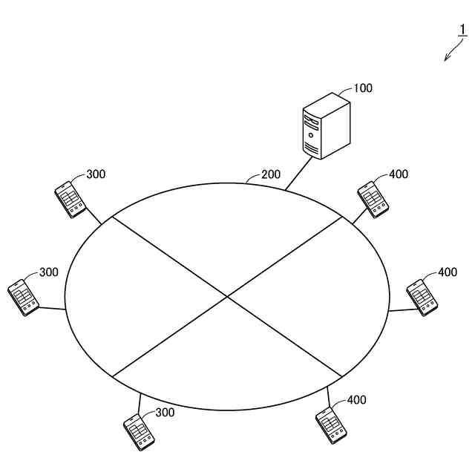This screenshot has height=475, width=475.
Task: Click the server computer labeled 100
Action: coord(326,128)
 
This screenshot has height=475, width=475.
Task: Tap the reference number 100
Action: coord(363,88)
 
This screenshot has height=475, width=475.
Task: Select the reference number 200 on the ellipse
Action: coord(271,175)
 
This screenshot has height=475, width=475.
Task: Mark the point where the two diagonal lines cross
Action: coord(227,297)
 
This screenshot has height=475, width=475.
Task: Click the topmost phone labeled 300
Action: coord(71,198)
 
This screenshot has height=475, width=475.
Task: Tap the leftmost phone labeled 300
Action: coord(23,296)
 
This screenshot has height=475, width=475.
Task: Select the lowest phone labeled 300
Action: coord(138,431)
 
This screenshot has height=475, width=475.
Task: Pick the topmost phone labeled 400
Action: coord(373,198)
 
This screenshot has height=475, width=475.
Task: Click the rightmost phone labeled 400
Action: coord(423,297)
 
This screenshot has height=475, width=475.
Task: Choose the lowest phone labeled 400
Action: coord(331,427)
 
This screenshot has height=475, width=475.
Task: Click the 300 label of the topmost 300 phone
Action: coord(96,174)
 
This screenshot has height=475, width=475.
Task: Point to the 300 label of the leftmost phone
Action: coord(49,272)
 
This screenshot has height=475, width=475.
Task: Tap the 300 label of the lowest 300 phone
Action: coord(165,413)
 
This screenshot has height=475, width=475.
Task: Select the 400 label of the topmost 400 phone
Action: coord(399,174)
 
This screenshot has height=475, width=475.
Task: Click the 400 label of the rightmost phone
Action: coord(448,272)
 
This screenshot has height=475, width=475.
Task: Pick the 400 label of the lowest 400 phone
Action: coord(357,400)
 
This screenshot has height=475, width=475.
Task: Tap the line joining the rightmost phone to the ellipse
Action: coord(401,309)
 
